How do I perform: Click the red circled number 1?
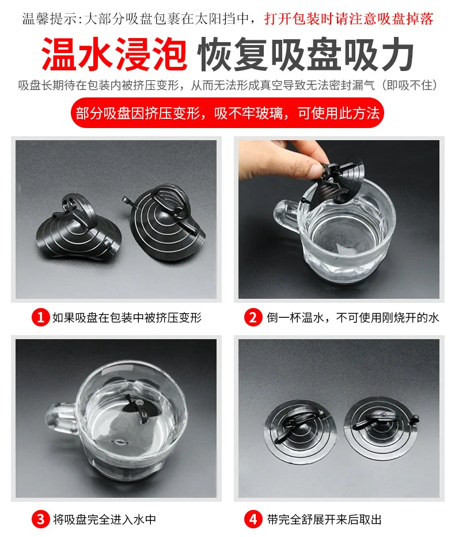(x=41, y=317)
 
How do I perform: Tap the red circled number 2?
(x=253, y=317)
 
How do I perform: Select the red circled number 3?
(x=41, y=519)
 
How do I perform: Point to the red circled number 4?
(x=253, y=519)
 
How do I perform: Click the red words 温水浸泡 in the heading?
(x=114, y=54)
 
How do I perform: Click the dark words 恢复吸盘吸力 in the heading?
(x=306, y=54)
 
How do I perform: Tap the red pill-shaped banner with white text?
(x=227, y=112)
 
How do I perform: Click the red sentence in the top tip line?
(x=348, y=18)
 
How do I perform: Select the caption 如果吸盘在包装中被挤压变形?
(x=127, y=317)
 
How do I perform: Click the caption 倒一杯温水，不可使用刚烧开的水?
(x=352, y=317)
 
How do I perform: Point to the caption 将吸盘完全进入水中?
(x=104, y=520)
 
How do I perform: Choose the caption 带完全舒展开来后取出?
(x=324, y=520)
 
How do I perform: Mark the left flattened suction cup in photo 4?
(x=301, y=428)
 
